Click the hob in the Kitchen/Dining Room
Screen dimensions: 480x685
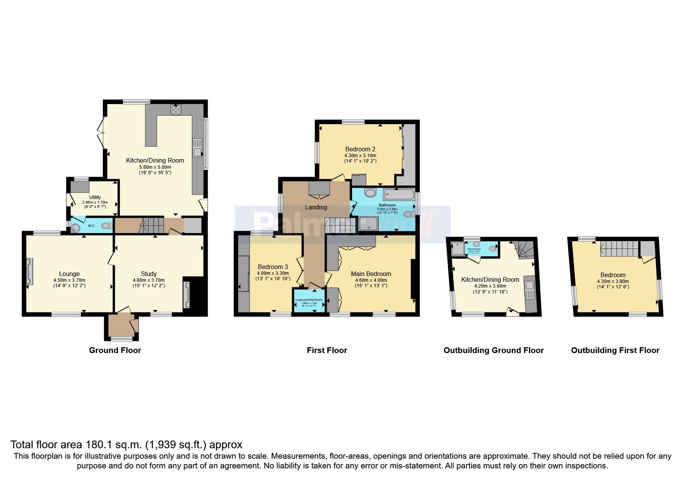pyautogui.click(x=176, y=110)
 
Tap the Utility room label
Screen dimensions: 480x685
pyautogui.click(x=95, y=197)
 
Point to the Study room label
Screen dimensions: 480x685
pyautogui.click(x=149, y=274)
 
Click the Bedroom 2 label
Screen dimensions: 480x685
pyautogui.click(x=360, y=149)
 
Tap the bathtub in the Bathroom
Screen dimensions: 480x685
pyautogui.click(x=399, y=194)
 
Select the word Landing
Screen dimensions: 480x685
pyautogui.click(x=316, y=207)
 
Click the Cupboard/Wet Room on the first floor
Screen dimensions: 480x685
pyautogui.click(x=309, y=301)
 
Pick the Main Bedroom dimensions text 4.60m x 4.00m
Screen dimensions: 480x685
pyautogui.click(x=371, y=280)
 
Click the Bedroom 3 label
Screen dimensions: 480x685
pyautogui.click(x=273, y=267)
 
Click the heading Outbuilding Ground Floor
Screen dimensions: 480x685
pyautogui.click(x=494, y=350)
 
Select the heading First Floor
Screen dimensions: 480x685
pyautogui.click(x=327, y=350)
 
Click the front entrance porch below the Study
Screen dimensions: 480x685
pyautogui.click(x=121, y=326)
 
